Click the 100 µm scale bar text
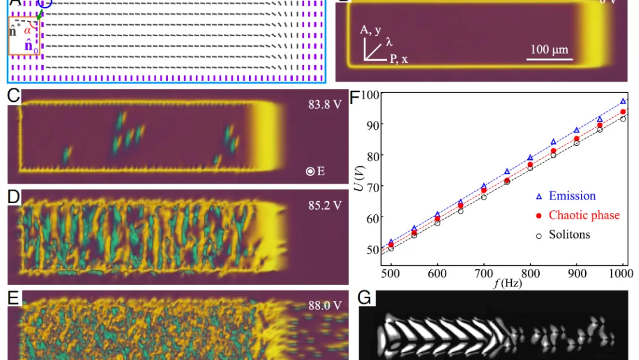(x=549, y=50)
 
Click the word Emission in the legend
(x=572, y=196)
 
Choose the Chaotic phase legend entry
(x=584, y=215)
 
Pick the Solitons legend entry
(x=569, y=234)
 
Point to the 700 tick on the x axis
(x=483, y=274)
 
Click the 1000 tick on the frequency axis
(x=622, y=274)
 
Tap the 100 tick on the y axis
(x=370, y=94)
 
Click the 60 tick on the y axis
(x=372, y=218)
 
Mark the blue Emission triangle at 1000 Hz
(x=623, y=101)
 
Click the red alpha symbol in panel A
(x=28, y=30)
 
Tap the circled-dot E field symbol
(x=310, y=172)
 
